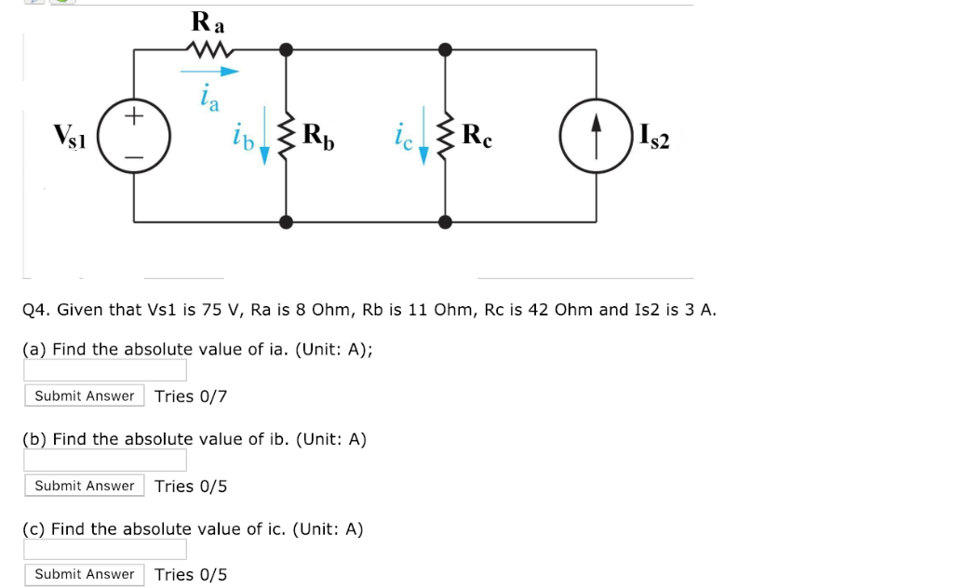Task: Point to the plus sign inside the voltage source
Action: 134,116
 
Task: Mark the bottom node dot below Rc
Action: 446,221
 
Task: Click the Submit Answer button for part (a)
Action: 84,396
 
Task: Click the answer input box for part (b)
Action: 105,460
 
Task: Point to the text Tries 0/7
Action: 191,396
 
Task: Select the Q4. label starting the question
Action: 34,310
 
